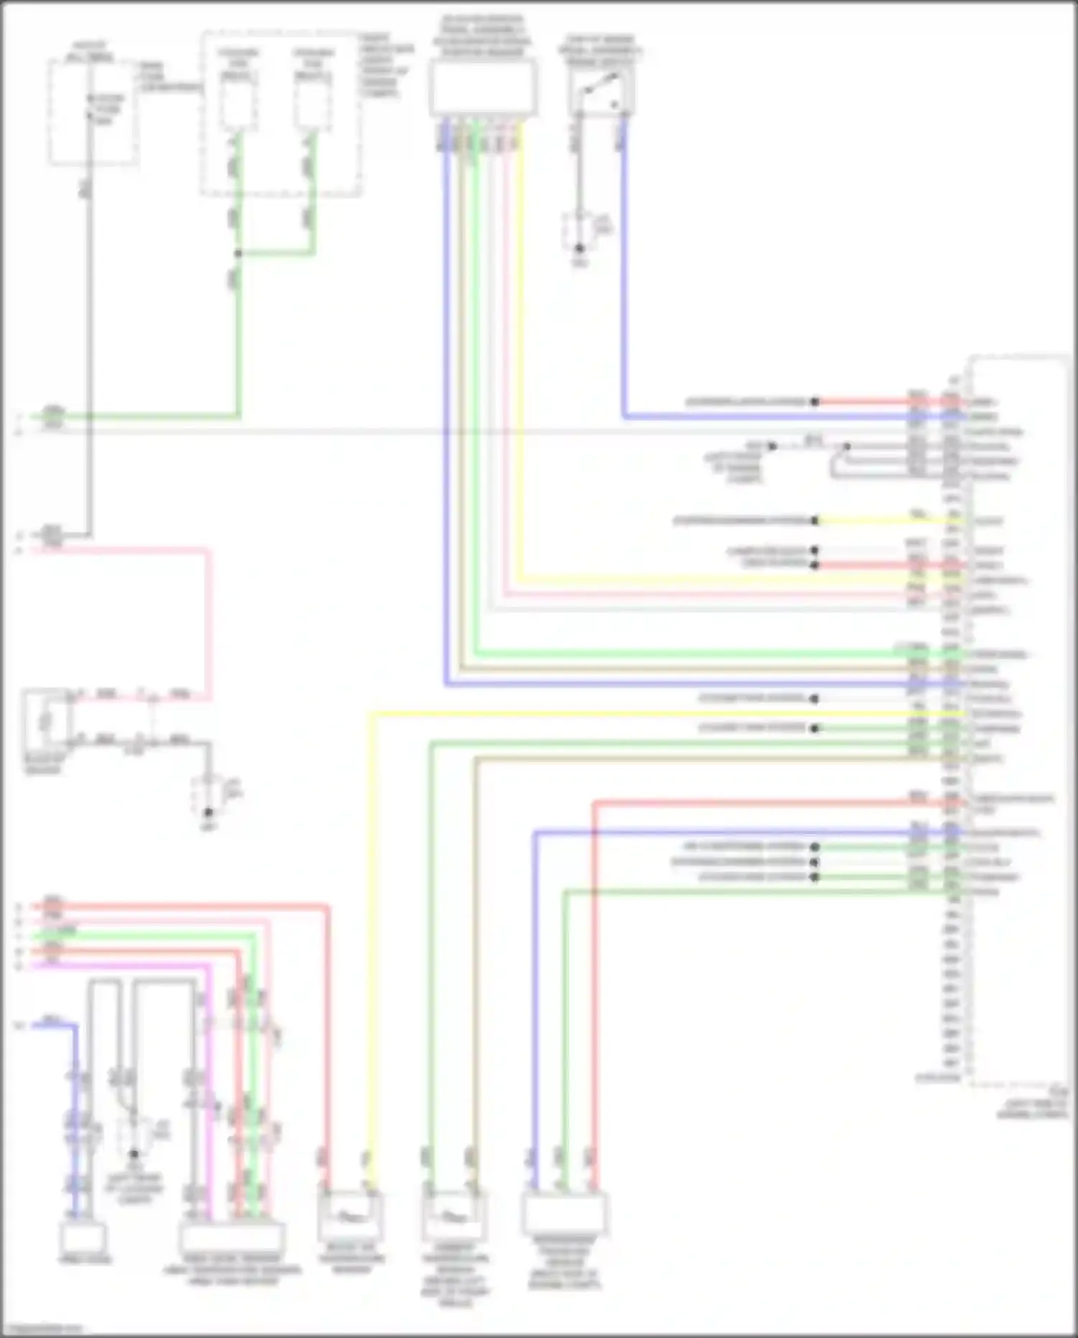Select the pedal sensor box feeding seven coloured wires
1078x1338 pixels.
(483, 88)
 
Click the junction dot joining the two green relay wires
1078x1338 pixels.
(238, 253)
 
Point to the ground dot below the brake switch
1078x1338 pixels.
(579, 249)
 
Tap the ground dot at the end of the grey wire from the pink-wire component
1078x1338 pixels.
(208, 812)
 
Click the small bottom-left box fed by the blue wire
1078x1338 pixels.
(84, 1238)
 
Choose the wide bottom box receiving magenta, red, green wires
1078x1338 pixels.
(231, 1238)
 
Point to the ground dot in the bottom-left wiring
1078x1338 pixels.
(134, 1155)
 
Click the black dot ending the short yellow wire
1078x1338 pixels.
(814, 521)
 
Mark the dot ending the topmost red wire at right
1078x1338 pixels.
(814, 402)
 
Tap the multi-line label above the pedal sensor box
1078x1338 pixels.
(482, 36)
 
